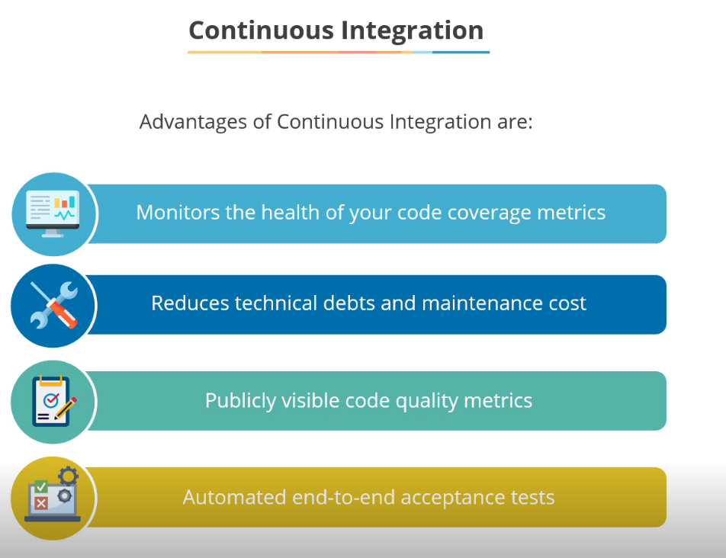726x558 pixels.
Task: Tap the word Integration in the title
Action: [x=412, y=30]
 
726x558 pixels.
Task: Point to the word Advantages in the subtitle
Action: [x=194, y=121]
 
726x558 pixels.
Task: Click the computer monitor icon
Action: [x=53, y=213]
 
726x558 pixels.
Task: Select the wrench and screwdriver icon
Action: [x=53, y=305]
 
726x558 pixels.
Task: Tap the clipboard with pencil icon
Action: [x=53, y=401]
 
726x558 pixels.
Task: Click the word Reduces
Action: [x=190, y=303]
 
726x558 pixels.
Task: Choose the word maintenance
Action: [x=476, y=303]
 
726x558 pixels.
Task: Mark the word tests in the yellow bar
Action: [x=533, y=498]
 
